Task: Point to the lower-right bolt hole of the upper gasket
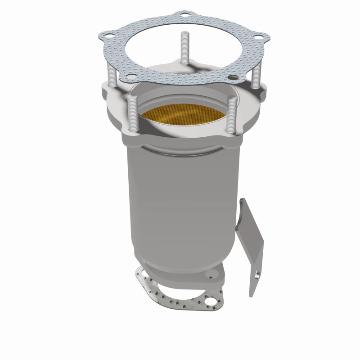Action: click(232, 77)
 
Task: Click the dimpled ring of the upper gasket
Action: click(148, 67)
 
